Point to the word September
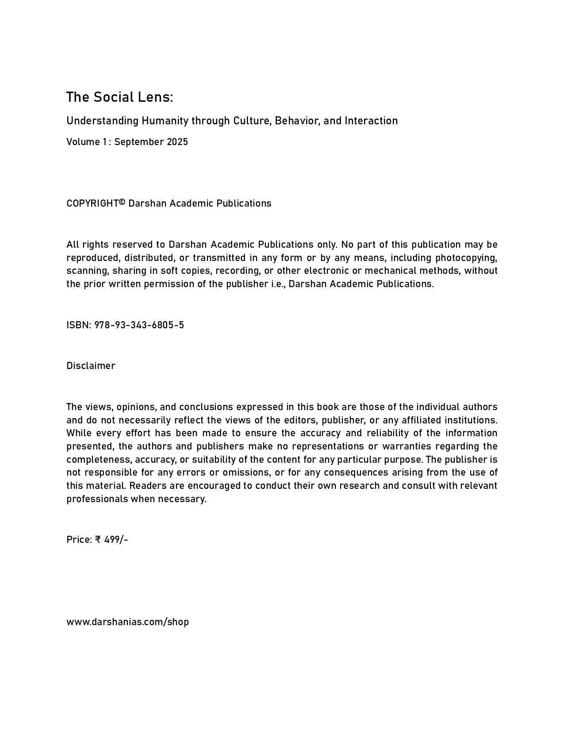click(x=138, y=142)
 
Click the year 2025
click(x=177, y=142)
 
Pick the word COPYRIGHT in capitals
click(x=92, y=204)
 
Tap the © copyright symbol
click(x=123, y=202)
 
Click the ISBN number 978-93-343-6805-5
click(x=139, y=325)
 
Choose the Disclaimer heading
click(x=91, y=366)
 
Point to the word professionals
click(x=97, y=499)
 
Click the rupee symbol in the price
click(x=98, y=540)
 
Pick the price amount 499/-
click(x=116, y=540)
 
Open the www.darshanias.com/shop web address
click(x=128, y=622)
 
